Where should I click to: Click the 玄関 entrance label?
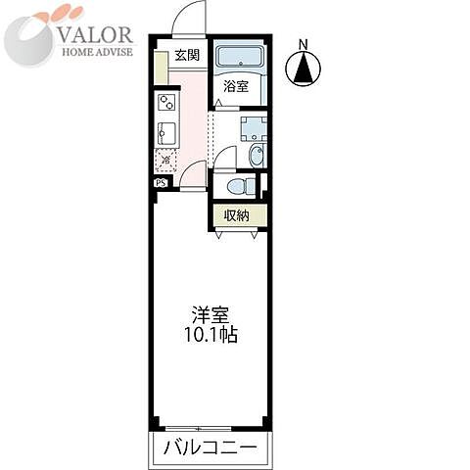point(187,55)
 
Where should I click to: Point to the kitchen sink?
point(164,132)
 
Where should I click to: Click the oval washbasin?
point(256,156)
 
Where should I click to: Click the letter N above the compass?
point(304,44)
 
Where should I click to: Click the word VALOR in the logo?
point(100,35)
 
